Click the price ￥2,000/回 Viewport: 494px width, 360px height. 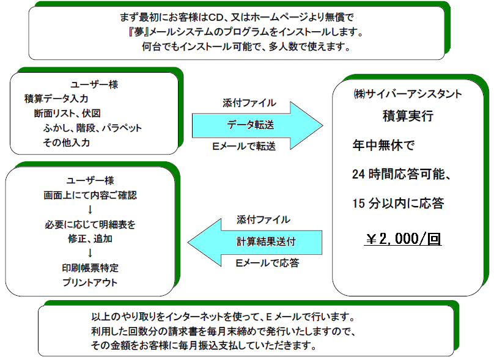tap(403, 239)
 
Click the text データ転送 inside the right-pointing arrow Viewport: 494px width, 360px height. tap(251, 125)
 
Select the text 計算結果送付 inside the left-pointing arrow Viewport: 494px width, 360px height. tap(266, 241)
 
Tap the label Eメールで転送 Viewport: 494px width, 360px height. tap(244, 146)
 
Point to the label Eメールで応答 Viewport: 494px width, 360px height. tap(267, 263)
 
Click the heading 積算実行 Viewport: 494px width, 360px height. tap(408, 116)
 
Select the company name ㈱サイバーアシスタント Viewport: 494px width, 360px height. tap(408, 94)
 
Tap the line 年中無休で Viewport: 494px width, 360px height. tap(383, 145)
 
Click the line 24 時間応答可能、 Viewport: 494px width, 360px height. tap(401, 174)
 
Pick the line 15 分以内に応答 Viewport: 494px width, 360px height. tap(398, 203)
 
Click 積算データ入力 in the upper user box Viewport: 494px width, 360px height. tap(56, 98)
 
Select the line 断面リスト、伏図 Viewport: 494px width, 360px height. tap(67, 114)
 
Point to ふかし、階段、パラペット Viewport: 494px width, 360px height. tap(93, 128)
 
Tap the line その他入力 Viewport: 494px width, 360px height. tap(67, 142)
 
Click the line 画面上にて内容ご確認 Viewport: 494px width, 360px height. tap(90, 195)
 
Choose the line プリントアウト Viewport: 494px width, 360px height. tap(90, 282)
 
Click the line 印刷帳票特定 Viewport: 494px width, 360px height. tap(90, 268)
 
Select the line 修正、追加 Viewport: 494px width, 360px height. tap(90, 239)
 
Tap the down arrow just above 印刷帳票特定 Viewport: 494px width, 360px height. tap(90, 253)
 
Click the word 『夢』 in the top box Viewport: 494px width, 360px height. tap(139, 32)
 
